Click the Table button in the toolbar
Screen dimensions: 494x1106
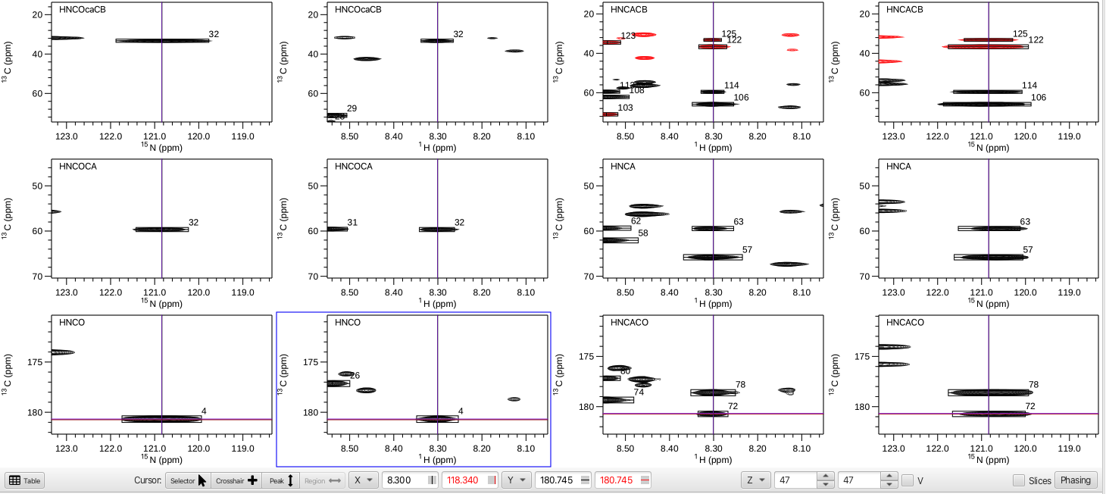coord(25,480)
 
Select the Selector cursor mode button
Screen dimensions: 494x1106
coord(186,480)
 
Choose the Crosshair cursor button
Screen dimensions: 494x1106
coord(236,480)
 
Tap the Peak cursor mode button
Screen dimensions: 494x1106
coord(282,480)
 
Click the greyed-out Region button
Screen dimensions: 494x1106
coord(323,480)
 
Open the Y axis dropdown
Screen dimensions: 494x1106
coord(516,480)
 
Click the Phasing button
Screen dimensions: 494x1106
coord(1076,480)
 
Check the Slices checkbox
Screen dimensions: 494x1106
coord(1019,480)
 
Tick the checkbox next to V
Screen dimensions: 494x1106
coord(908,480)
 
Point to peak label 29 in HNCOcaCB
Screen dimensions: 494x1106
coord(351,109)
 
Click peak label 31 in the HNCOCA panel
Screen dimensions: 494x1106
coord(351,223)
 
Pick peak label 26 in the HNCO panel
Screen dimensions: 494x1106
coord(355,376)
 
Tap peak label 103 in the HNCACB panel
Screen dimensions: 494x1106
coord(625,108)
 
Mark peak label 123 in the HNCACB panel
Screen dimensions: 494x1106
coord(628,36)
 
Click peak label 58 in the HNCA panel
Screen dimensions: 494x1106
coord(643,233)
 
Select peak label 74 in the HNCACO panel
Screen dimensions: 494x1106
coord(639,392)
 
